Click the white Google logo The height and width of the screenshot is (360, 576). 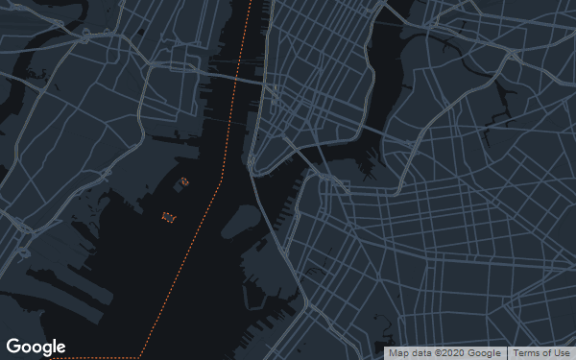coord(36,347)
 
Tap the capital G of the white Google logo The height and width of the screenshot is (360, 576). coord(13,347)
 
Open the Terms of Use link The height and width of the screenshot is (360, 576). coord(540,353)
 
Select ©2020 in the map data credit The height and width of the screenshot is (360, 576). coord(445,353)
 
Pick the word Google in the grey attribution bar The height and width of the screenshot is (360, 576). coord(485,353)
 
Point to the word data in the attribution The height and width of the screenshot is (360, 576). coord(420,353)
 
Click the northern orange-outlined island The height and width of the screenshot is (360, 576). coord(184,180)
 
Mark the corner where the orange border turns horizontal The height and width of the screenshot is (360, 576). coord(143,355)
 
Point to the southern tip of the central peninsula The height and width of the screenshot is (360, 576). coord(252,170)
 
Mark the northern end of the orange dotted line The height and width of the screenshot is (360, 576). coord(252,3)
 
